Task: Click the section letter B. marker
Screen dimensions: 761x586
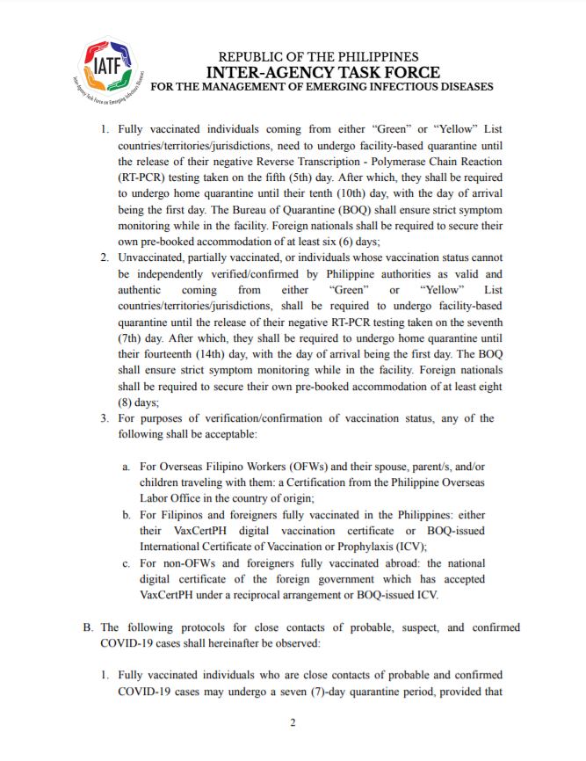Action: click(x=88, y=627)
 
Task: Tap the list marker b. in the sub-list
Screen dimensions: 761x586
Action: click(x=127, y=513)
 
